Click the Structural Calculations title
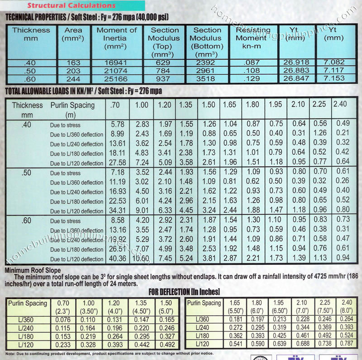pos(71,5)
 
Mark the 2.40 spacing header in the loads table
pos(340,104)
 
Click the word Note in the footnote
pos(10,353)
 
